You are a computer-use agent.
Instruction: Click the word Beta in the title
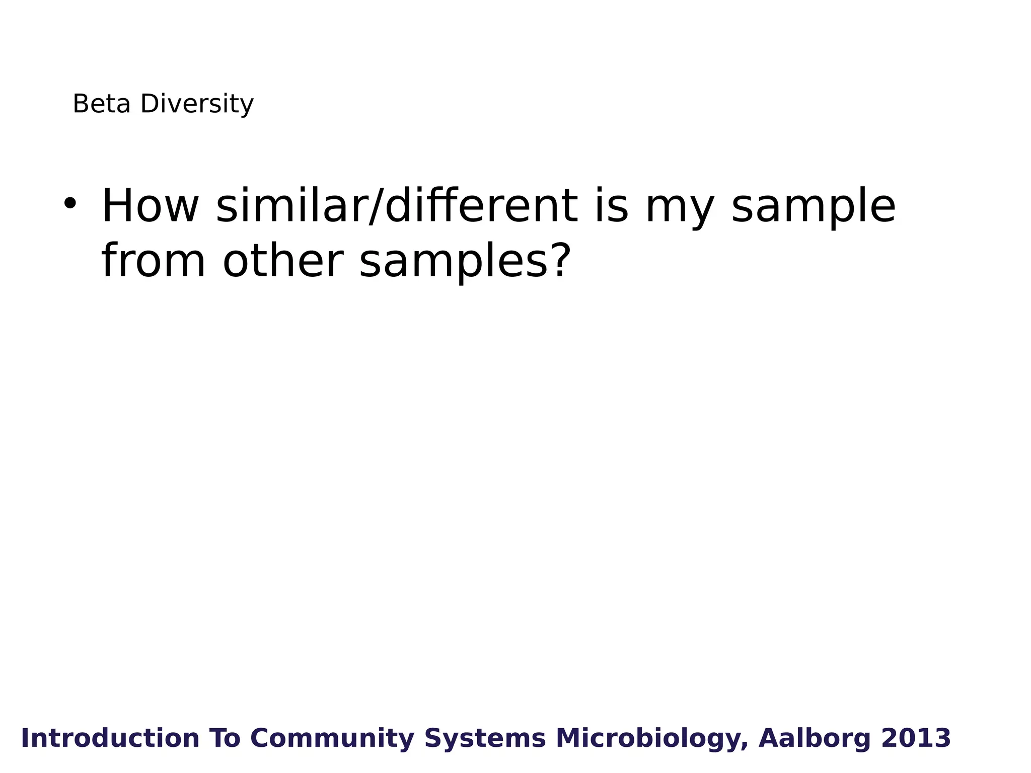pos(101,104)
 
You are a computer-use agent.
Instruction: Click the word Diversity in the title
pos(197,104)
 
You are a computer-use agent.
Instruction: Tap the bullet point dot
pos(70,203)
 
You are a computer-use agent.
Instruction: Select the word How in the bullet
pos(150,206)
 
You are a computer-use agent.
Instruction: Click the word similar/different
pos(397,206)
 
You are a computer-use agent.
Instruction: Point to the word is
pos(611,206)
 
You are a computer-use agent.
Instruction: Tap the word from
pos(154,261)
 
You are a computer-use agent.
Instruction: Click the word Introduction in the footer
pos(110,738)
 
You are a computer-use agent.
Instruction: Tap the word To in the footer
pos(225,738)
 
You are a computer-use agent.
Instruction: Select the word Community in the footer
pos(332,738)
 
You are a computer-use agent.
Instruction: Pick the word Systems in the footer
pos(485,738)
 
